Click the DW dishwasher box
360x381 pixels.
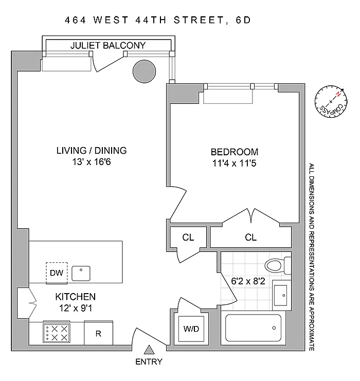[x=57, y=273]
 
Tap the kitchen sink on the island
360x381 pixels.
[x=81, y=273]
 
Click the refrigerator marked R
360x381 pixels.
[x=98, y=333]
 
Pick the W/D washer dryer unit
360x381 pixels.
[x=187, y=329]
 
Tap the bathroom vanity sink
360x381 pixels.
[x=281, y=295]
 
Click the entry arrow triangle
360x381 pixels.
[x=149, y=350]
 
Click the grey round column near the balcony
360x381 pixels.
[x=143, y=70]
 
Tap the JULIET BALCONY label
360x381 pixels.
[x=108, y=46]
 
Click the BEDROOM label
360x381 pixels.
[x=234, y=152]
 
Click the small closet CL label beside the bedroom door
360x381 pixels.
[x=188, y=238]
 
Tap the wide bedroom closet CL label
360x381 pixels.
[x=250, y=238]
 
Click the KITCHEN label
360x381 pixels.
[x=76, y=297]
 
